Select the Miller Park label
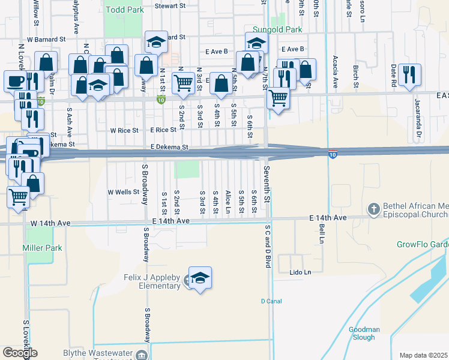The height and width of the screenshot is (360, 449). [42, 248]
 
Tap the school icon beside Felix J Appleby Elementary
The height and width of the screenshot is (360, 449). [200, 278]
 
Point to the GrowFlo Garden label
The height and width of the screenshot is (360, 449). [423, 244]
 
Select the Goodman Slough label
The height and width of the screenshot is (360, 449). [363, 333]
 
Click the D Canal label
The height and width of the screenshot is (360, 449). [271, 301]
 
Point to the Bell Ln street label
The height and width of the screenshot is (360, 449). [322, 230]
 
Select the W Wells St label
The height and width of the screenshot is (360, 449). [123, 192]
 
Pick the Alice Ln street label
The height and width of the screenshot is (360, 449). [228, 203]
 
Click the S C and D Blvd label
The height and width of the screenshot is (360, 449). [268, 247]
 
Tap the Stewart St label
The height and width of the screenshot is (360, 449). [170, 5]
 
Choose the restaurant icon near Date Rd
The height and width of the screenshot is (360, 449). [409, 75]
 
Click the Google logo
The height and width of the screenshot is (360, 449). [20, 353]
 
